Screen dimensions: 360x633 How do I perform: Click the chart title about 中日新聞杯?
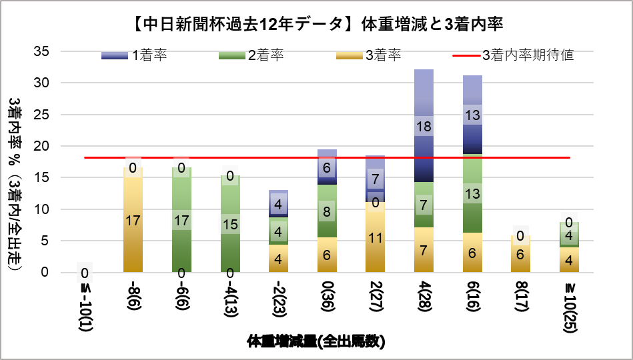pyautogui.click(x=316, y=25)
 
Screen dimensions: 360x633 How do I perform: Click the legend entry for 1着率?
pyautogui.click(x=134, y=55)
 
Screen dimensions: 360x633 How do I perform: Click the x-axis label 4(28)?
pyautogui.click(x=424, y=297)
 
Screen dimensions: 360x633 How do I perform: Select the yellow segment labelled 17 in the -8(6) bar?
pyautogui.click(x=133, y=219)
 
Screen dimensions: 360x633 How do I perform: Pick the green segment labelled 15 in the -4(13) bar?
pyautogui.click(x=230, y=224)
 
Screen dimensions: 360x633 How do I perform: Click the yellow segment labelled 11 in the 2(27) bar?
pyautogui.click(x=376, y=237)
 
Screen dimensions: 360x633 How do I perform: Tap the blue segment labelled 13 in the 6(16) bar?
pyautogui.click(x=473, y=115)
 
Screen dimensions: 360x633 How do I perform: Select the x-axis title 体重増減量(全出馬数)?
pyautogui.click(x=316, y=341)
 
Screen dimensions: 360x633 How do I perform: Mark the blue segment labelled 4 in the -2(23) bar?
pyautogui.click(x=278, y=204)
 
